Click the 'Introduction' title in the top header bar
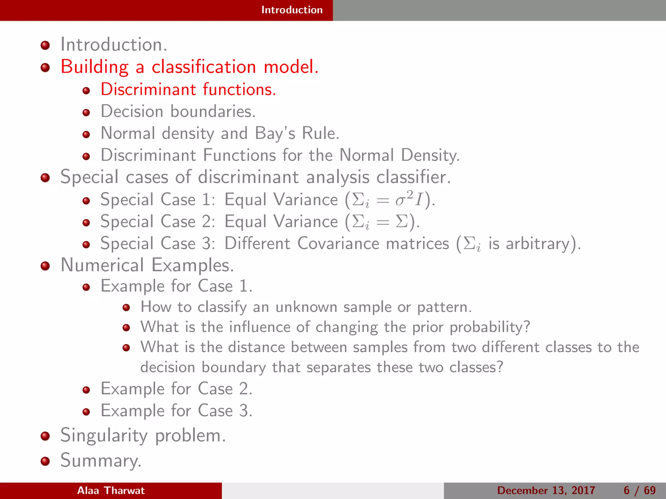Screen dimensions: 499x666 [292, 10]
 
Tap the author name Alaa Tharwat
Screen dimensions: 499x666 [111, 490]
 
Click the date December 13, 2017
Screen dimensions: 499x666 [546, 490]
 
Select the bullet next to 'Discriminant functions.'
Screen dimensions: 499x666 [86, 90]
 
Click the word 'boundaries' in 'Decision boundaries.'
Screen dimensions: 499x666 [213, 111]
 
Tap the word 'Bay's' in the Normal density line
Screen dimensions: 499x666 [275, 134]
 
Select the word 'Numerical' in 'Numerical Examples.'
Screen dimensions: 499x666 [102, 265]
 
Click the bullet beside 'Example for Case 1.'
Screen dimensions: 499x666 [86, 287]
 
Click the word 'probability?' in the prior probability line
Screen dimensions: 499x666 [490, 327]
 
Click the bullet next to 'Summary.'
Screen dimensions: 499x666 [45, 461]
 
